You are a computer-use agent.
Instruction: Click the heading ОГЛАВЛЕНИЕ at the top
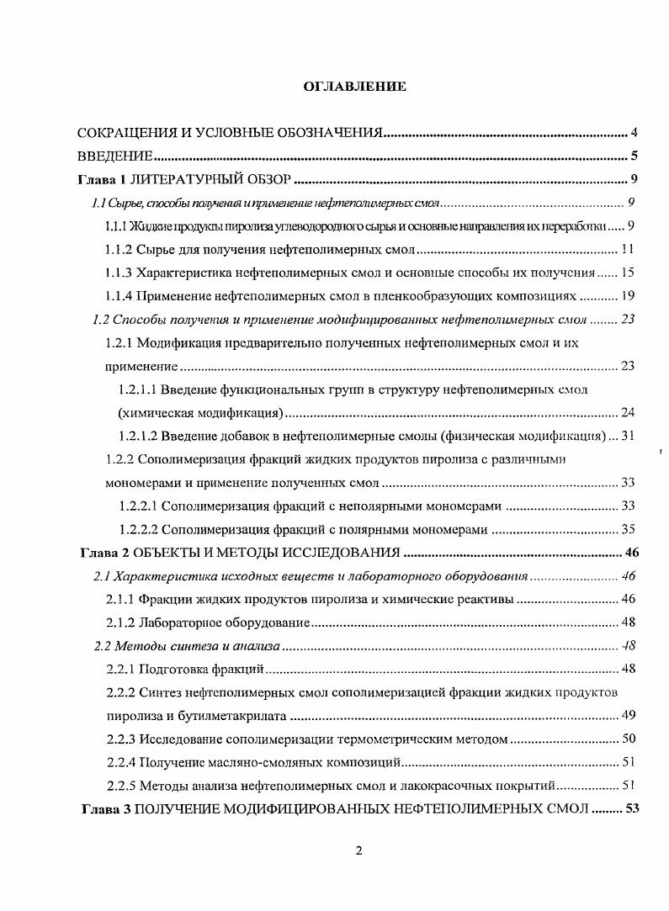click(x=354, y=87)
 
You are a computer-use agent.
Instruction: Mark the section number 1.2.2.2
click(x=138, y=529)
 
